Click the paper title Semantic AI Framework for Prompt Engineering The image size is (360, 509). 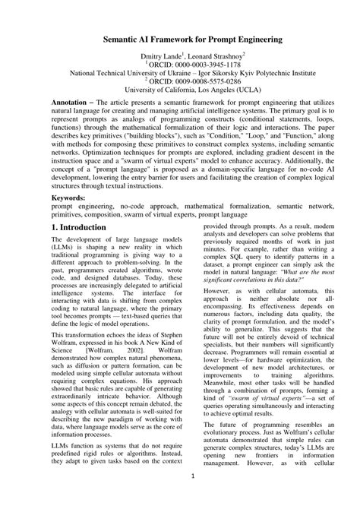point(179,37)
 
